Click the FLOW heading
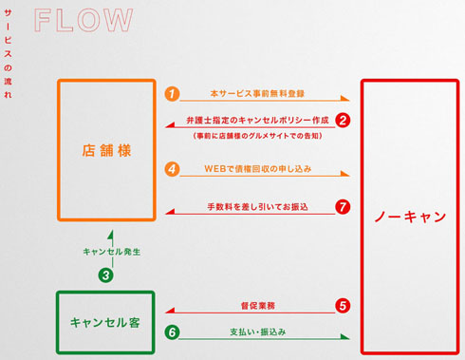84,18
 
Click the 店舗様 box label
106,149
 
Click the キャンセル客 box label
105,321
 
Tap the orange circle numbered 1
172,94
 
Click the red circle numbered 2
344,121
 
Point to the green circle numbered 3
106,275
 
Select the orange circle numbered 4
172,169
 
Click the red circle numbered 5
344,306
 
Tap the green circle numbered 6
172,332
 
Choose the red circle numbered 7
344,205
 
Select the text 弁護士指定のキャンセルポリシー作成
257,121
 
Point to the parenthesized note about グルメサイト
257,136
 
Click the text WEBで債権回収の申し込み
257,169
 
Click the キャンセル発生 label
111,253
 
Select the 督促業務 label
258,306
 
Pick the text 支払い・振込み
258,332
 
